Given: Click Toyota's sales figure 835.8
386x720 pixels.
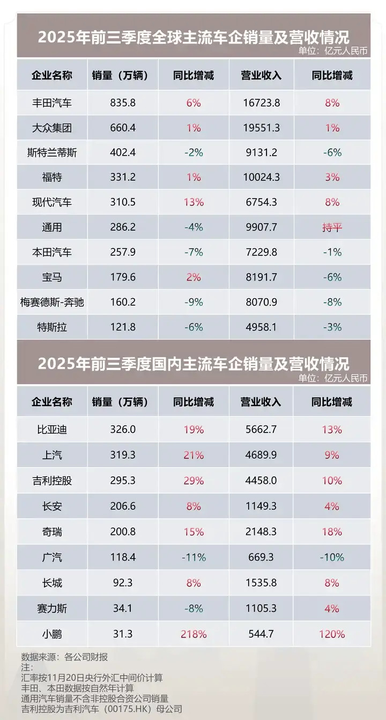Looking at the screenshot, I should (122, 102).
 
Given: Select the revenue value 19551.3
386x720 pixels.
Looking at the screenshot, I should (261, 128).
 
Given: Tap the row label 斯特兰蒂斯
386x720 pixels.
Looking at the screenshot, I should (51, 152).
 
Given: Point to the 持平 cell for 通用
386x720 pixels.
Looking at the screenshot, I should (332, 227).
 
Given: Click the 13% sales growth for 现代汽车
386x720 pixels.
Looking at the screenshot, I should (194, 202).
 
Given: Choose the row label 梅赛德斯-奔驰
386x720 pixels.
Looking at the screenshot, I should (51, 302).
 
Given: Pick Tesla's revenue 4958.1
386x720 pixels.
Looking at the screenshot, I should (261, 327).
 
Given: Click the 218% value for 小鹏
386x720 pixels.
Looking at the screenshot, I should (194, 634).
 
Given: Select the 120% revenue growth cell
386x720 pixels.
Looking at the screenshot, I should (332, 634).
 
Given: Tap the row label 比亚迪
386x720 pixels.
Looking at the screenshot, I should (51, 429).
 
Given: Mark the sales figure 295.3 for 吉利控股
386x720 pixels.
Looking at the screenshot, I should (122, 481).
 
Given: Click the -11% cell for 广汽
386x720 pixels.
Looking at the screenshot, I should (194, 557).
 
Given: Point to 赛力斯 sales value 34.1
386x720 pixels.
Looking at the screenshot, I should (122, 608).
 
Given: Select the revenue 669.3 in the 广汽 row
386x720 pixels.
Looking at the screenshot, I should (261, 557).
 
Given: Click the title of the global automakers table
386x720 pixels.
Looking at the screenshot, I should (193, 37).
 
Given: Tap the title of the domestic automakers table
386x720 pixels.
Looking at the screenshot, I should (193, 363).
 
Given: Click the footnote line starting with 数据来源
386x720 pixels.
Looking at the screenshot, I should (64, 657).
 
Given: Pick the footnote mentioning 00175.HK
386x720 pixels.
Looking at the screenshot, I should (101, 709).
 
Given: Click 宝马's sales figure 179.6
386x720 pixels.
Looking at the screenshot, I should (122, 277).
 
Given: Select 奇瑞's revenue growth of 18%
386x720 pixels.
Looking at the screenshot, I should (332, 532).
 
